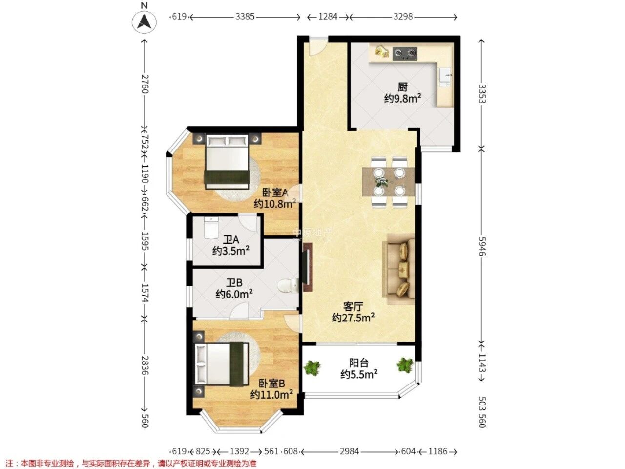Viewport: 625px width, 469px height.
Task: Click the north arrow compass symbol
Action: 144,22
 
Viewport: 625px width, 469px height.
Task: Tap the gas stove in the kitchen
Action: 405,54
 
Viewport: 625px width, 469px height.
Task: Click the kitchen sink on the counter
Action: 445,75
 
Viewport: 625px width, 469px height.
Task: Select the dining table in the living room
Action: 388,182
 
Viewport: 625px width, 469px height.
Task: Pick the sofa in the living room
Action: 398,269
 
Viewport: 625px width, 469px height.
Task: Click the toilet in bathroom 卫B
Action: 288,286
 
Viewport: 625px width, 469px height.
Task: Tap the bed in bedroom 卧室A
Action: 227,162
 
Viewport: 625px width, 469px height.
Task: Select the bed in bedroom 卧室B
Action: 222,364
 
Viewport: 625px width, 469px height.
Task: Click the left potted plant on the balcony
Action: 312,367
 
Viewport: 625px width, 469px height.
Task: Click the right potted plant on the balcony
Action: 405,365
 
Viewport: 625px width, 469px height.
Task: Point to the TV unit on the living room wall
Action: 308,267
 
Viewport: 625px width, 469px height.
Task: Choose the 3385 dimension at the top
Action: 245,17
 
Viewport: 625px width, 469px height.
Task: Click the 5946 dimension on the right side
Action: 481,246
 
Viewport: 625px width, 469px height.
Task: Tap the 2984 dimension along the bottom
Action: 349,451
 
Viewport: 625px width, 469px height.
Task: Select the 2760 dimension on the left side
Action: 145,84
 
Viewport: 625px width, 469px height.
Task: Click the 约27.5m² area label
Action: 353,318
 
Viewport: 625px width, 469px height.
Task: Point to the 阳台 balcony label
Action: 359,363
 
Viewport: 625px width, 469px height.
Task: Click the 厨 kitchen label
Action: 402,87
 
